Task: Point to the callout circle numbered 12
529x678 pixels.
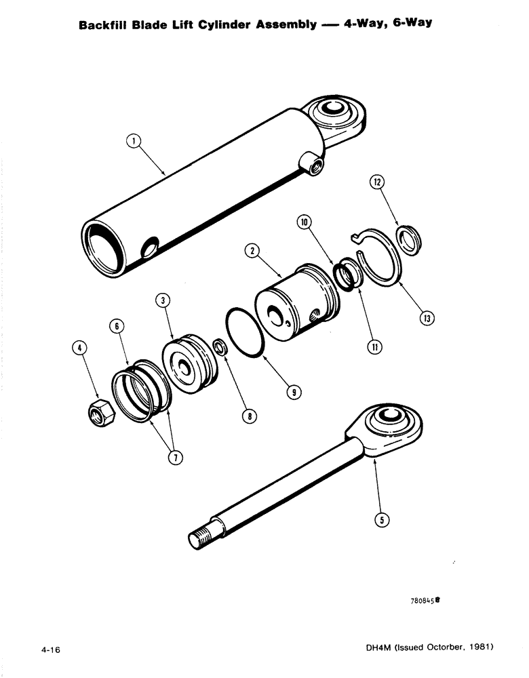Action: [x=378, y=182]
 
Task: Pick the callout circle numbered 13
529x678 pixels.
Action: [x=427, y=317]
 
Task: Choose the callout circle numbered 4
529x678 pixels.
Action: [x=81, y=349]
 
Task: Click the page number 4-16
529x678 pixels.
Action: [x=51, y=649]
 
